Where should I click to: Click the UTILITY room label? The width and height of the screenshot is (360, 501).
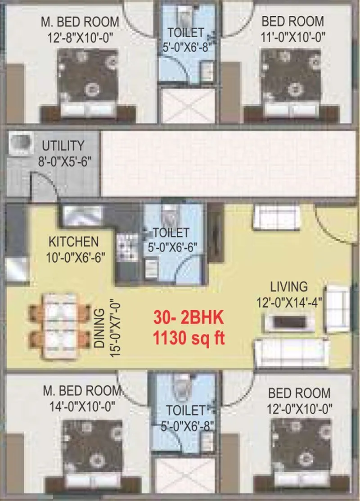click(x=63, y=146)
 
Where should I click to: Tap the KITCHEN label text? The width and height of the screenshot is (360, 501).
click(x=73, y=242)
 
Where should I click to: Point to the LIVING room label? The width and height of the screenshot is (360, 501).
click(x=289, y=286)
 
